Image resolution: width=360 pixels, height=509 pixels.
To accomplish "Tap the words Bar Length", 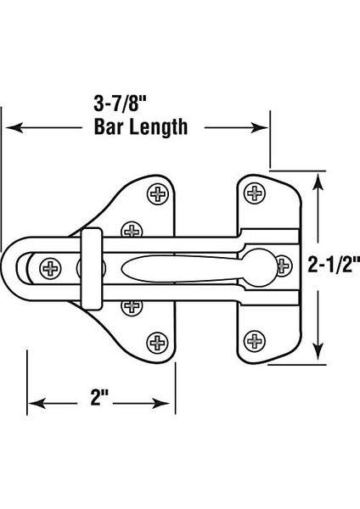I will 138,128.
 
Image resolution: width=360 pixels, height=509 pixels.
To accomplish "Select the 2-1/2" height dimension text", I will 332,266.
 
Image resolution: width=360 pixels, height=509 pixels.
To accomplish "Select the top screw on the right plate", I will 255,194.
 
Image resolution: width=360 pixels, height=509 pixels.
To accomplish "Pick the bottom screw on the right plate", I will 255,341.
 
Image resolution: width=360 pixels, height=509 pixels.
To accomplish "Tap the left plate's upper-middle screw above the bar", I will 131,230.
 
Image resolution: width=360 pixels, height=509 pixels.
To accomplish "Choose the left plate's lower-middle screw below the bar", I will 131,306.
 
